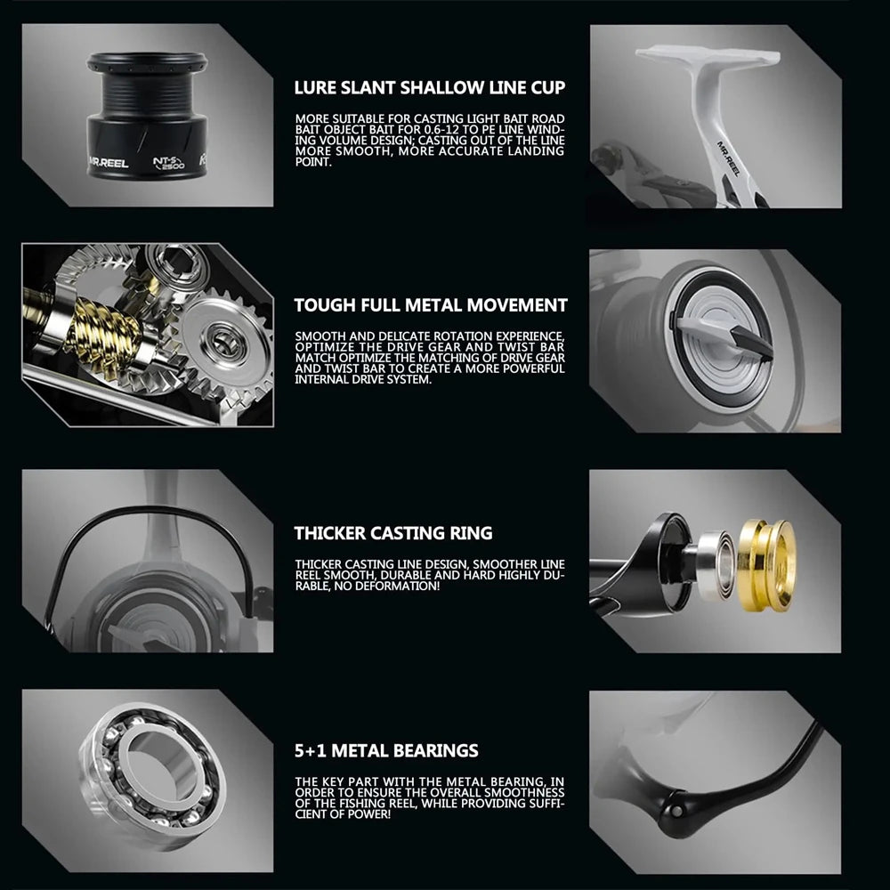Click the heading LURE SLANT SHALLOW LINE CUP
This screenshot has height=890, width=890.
430,87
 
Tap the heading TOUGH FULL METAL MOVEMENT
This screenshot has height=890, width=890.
431,305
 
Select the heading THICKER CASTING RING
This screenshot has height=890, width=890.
393,533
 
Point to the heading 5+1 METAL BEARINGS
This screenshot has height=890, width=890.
386,750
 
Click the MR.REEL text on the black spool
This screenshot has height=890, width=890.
109,163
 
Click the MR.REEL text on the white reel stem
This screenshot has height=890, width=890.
728,158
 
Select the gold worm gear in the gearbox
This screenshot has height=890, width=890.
102,332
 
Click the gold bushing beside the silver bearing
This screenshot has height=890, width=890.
767,565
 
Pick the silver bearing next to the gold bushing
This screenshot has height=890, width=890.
716,565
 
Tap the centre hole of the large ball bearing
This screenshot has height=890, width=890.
163,766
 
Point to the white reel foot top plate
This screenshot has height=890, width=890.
708,56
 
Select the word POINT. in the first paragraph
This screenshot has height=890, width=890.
312,162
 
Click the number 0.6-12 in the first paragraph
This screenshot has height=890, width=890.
444,129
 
